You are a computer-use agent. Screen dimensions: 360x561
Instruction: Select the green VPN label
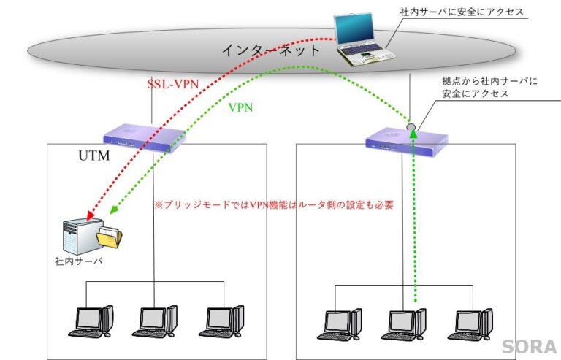click(x=242, y=107)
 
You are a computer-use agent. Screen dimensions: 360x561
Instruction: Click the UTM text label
click(x=93, y=156)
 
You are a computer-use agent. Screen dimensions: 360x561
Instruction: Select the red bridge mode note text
click(x=274, y=205)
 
